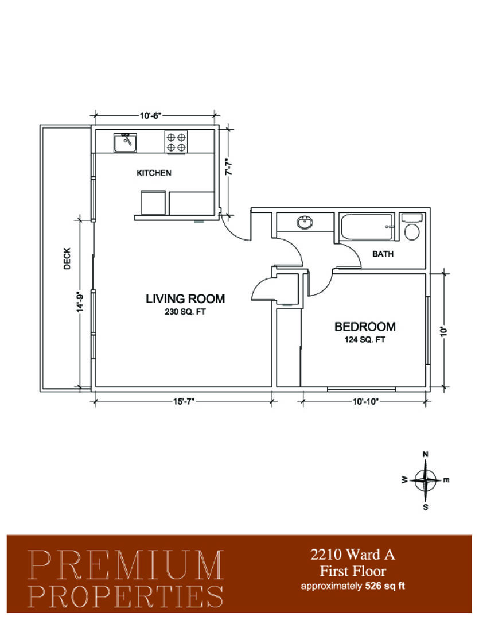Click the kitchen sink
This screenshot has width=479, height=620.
[x=125, y=143]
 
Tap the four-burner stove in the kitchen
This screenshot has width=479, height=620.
[x=176, y=142]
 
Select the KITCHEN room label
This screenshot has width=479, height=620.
[x=154, y=173]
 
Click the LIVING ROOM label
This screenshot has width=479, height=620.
[x=185, y=299]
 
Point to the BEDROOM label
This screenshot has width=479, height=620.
[x=365, y=327]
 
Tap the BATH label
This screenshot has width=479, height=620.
[x=383, y=254]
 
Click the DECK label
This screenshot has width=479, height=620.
[x=67, y=258]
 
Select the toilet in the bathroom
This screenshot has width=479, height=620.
[x=412, y=227]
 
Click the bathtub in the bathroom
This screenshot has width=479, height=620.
[x=367, y=227]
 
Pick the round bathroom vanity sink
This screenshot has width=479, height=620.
[x=305, y=223]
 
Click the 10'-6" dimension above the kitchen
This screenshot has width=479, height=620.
[x=150, y=115]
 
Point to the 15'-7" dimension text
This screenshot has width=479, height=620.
[x=184, y=402]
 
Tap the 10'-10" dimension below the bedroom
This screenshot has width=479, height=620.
[x=365, y=402]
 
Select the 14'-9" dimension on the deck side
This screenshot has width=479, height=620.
[x=80, y=302]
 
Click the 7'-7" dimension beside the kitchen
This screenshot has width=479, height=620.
[x=228, y=167]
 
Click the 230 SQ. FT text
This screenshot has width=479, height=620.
[x=185, y=312]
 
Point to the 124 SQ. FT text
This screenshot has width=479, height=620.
[x=365, y=340]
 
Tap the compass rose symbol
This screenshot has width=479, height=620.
[x=425, y=480]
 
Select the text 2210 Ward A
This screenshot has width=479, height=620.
[x=353, y=555]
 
